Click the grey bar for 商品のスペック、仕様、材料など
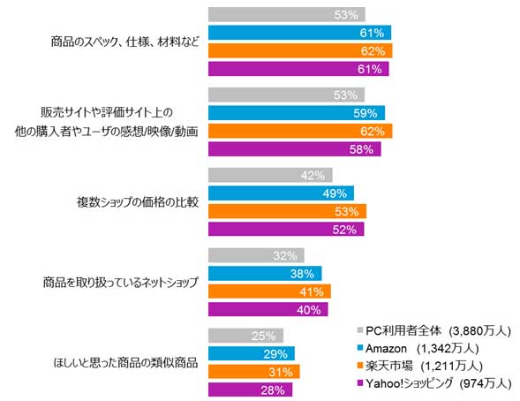(x=286, y=15)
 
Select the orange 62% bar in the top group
(x=300, y=51)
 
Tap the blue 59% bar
(x=297, y=113)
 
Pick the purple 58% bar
(x=295, y=149)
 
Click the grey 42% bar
(x=270, y=176)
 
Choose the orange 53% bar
(x=287, y=211)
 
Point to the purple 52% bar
(x=285, y=230)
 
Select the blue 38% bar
(x=264, y=274)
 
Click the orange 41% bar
(x=269, y=291)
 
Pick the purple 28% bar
(x=251, y=390)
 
